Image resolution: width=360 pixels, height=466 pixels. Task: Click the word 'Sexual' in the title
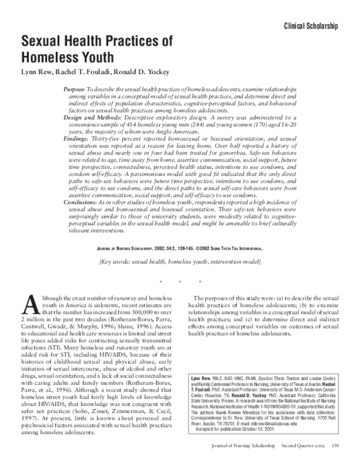[49, 41]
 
